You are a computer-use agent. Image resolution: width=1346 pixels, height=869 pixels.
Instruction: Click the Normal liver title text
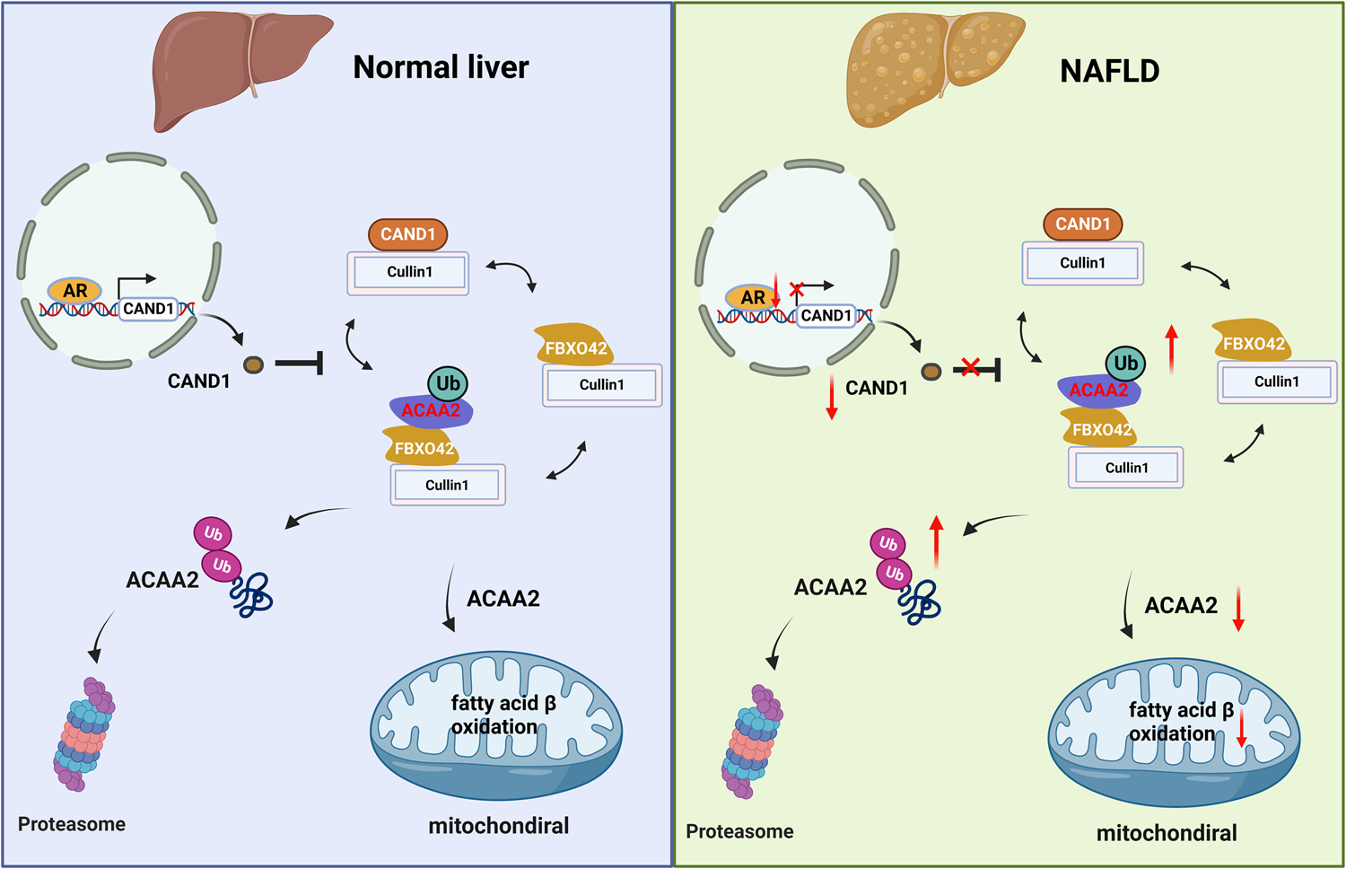point(441,67)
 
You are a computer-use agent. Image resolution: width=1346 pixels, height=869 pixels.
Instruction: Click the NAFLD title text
point(1109,71)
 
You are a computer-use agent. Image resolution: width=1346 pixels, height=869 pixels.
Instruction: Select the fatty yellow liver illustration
point(934,67)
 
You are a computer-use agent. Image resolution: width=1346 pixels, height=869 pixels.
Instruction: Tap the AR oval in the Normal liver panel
point(74,291)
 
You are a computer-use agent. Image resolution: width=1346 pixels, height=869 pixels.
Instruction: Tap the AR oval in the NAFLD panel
point(752,297)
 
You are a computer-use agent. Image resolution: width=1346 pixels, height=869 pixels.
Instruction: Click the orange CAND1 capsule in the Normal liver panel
point(407,234)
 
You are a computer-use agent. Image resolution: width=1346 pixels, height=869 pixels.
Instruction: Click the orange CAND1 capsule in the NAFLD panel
point(1082,224)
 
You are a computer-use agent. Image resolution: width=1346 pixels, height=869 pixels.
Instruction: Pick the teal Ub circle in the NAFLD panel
point(1125,364)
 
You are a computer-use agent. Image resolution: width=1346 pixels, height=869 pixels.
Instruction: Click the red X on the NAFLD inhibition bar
point(969,367)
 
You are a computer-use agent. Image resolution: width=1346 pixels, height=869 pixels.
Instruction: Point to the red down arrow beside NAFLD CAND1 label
point(832,398)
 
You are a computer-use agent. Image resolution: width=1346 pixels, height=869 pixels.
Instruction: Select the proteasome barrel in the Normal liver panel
point(83,734)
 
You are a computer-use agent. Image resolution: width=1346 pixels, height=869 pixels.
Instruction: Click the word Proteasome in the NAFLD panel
point(739,831)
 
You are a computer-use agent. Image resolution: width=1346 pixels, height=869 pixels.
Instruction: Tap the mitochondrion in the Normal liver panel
point(496,725)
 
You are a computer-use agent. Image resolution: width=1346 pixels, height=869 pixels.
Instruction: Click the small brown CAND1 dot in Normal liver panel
point(254,364)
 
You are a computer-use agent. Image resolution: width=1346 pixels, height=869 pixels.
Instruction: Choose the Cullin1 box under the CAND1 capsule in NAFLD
point(1082,263)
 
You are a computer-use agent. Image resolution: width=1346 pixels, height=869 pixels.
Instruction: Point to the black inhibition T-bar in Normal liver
point(300,364)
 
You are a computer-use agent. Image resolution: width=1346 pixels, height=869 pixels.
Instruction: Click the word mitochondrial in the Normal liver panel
point(498,826)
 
